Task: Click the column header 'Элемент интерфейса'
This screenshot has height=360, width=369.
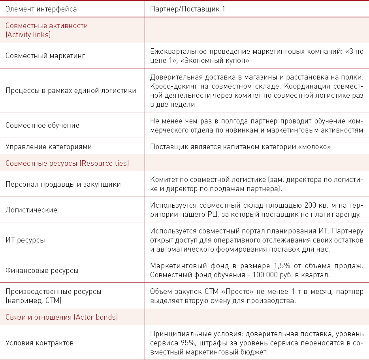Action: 41,8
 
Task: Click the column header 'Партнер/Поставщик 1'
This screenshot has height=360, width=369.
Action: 188,8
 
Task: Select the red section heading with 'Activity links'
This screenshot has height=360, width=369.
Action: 46,30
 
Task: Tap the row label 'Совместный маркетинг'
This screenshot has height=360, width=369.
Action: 45,56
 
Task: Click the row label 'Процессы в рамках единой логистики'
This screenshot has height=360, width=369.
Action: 71,91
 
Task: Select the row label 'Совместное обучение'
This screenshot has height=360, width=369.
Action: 42,125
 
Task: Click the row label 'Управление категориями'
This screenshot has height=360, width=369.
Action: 49,147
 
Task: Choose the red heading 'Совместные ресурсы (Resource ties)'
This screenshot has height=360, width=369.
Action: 67,163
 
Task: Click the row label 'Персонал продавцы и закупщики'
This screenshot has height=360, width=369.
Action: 63,184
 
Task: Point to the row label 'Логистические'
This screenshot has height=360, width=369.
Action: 31,210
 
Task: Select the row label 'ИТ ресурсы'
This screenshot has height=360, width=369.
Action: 25,240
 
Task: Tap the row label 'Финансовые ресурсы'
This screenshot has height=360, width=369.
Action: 42,271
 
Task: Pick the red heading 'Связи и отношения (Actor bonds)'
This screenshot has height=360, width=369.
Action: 62,317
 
